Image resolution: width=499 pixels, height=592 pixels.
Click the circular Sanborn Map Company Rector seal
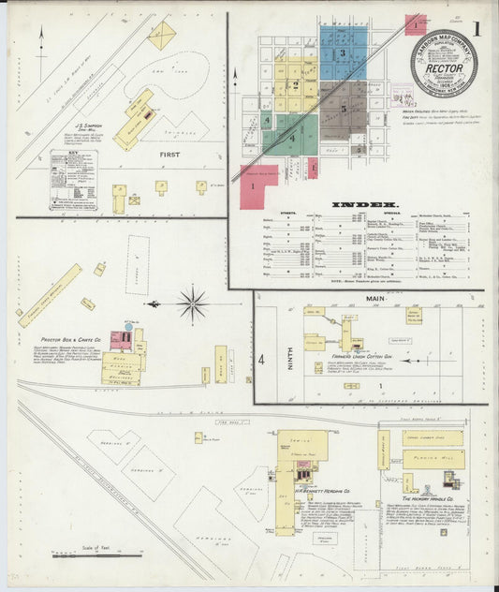coord(443,64)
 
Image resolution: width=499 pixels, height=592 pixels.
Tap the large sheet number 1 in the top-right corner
coord(477,28)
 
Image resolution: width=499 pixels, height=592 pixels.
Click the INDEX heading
coord(365,203)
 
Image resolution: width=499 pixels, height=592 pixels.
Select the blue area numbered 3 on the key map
coord(343,53)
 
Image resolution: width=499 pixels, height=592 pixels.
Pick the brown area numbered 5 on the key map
coord(345,110)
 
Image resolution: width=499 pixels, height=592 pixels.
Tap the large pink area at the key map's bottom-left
coord(257,186)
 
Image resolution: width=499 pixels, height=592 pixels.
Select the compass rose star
coord(193,303)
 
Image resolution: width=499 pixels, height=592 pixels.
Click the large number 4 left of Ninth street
coord(262,359)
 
